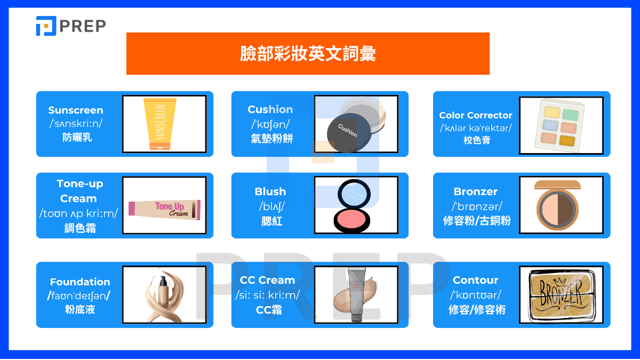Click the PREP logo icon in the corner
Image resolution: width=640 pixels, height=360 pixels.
[x=46, y=26]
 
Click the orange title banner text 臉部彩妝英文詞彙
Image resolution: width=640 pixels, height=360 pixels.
[x=308, y=53]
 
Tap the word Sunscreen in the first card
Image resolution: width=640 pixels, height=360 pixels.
[x=76, y=110]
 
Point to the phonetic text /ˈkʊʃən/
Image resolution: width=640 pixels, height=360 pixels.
[x=270, y=124]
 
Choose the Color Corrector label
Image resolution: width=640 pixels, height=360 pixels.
[x=476, y=115]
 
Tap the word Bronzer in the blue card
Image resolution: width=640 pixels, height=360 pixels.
[x=476, y=191]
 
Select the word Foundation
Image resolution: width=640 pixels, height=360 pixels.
[x=80, y=282]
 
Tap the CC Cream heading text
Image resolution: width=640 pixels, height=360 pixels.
[x=267, y=280]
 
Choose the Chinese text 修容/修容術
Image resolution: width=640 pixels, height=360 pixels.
[x=476, y=310]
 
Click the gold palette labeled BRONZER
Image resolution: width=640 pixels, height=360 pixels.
[x=562, y=295]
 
